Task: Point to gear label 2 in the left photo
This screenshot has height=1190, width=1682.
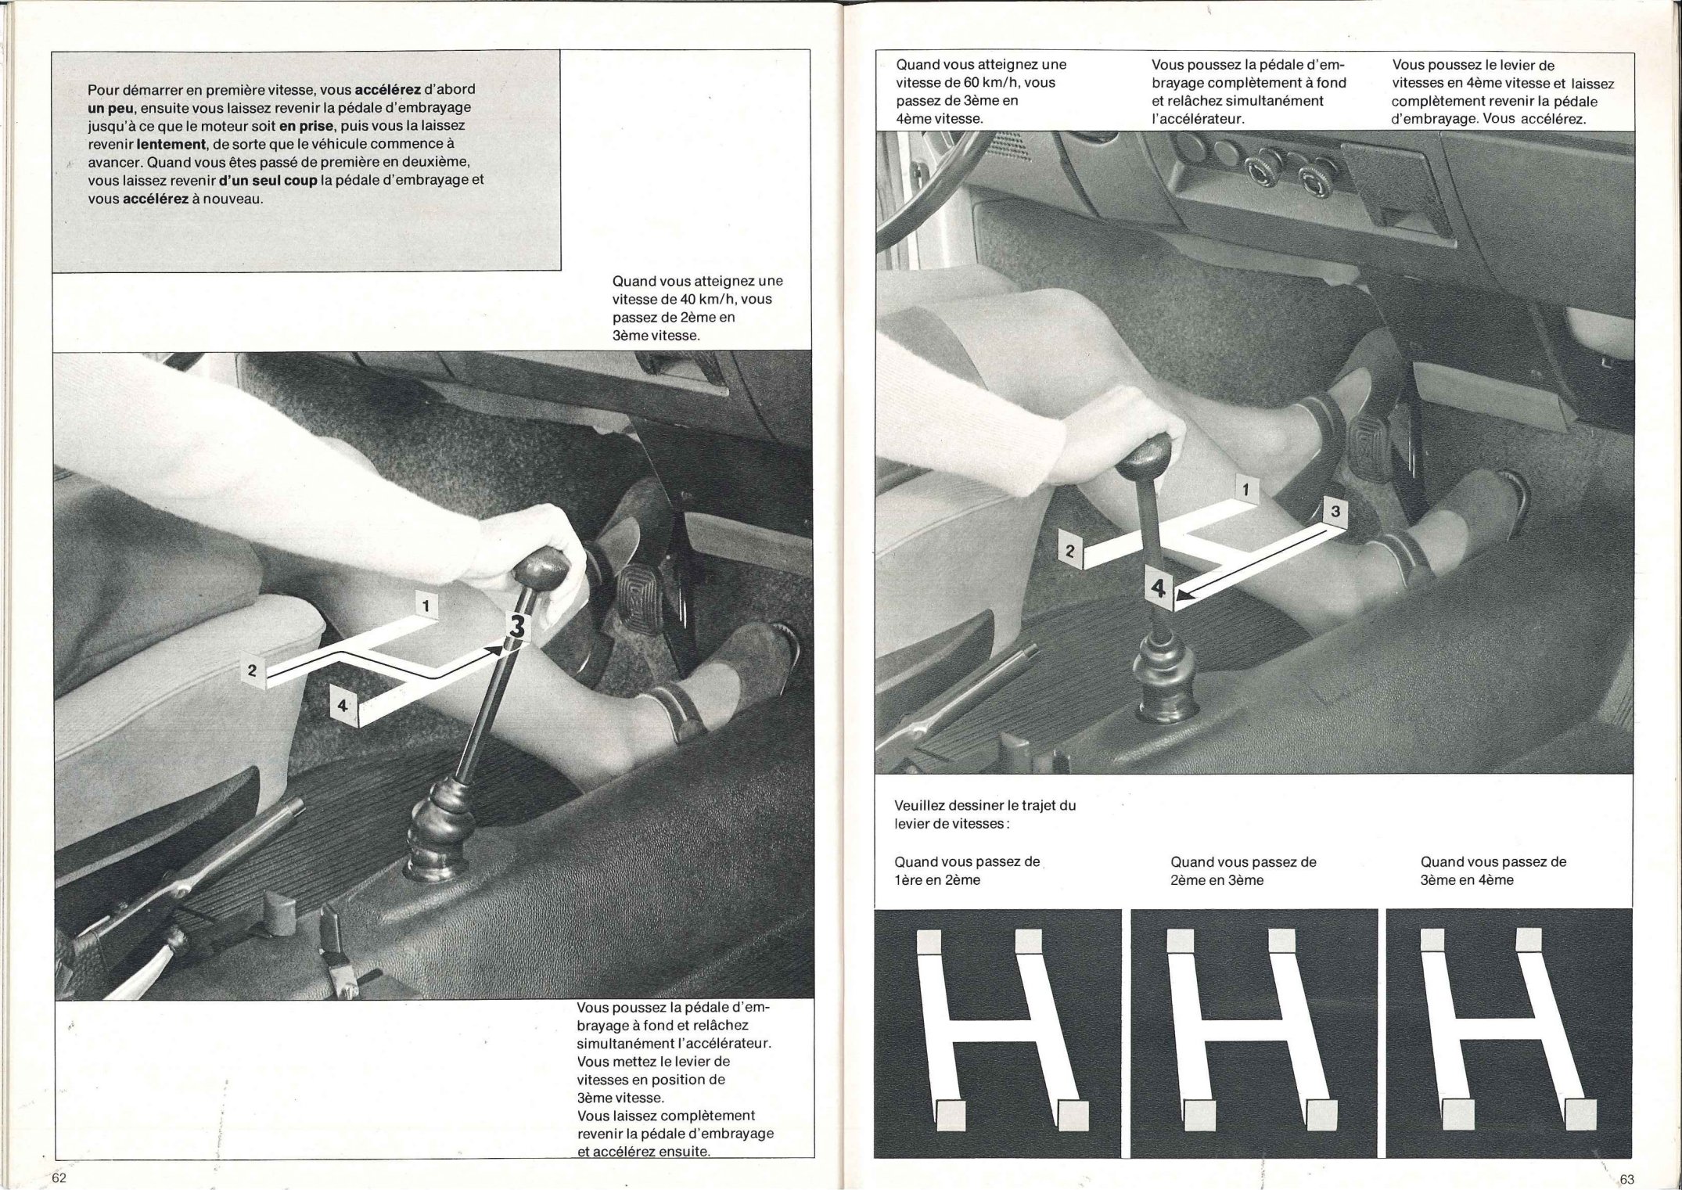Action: tap(253, 670)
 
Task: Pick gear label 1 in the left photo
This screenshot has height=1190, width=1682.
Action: tap(426, 606)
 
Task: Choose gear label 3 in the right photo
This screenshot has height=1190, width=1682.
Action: tap(1335, 512)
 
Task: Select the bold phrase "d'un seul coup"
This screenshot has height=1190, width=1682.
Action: tap(268, 179)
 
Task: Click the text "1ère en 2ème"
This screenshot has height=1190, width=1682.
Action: tap(937, 879)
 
